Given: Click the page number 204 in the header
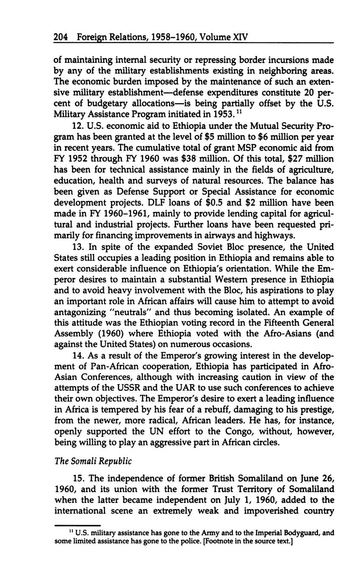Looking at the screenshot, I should pos(61,37).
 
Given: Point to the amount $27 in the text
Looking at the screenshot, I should pos(288,159).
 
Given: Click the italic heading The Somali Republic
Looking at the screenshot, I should pos(87,461).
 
